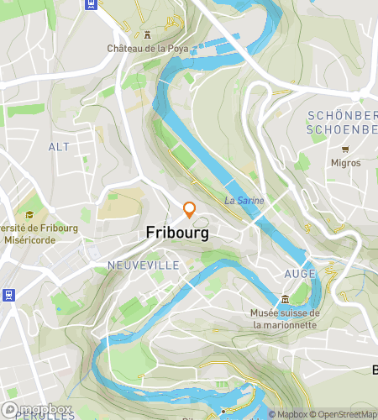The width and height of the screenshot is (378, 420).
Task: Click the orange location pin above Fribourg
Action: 190,210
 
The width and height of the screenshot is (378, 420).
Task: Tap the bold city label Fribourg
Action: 177,233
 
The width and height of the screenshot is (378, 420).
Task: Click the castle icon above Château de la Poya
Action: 147,34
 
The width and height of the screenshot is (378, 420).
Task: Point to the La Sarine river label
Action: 244,201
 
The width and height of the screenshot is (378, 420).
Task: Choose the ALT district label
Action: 59,147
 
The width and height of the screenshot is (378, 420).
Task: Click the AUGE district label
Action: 300,274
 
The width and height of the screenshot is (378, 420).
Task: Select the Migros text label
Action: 345,163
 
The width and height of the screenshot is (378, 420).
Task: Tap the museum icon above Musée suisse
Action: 286,300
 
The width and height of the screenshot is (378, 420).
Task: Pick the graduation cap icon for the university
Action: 29,215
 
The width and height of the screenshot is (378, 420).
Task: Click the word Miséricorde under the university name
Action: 30,241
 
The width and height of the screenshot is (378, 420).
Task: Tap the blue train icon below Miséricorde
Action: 8,294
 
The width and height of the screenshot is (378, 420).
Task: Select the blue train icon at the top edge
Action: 91,3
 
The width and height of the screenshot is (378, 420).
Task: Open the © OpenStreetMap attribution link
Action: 344,414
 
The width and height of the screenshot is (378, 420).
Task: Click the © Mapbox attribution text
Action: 288,414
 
